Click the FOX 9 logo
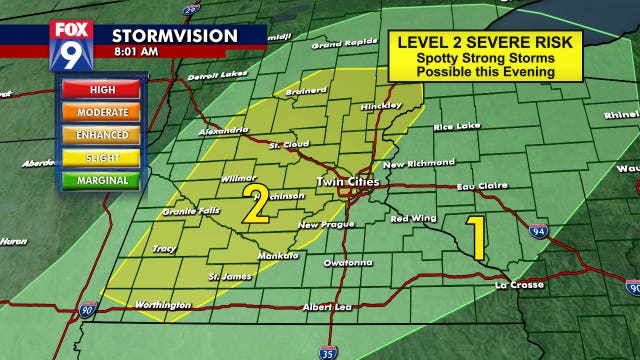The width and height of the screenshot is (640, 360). coord(69,43)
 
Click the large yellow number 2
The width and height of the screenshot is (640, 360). coord(255,205)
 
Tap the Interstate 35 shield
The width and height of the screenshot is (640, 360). coord(328,351)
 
